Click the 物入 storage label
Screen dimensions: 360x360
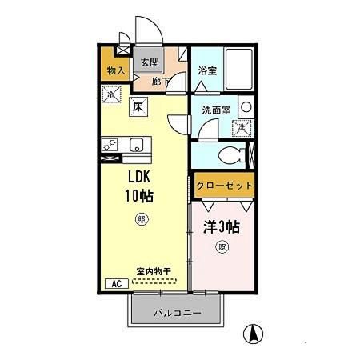click(x=115, y=71)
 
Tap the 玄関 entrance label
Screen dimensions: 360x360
click(x=150, y=62)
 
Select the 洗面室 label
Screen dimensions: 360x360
click(x=215, y=110)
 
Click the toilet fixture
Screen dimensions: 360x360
click(x=231, y=154)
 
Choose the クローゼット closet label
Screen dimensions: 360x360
click(x=224, y=186)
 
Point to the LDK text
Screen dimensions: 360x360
click(x=137, y=178)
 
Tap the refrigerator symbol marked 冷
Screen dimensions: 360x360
click(x=110, y=94)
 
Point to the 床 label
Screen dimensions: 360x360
click(x=138, y=105)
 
